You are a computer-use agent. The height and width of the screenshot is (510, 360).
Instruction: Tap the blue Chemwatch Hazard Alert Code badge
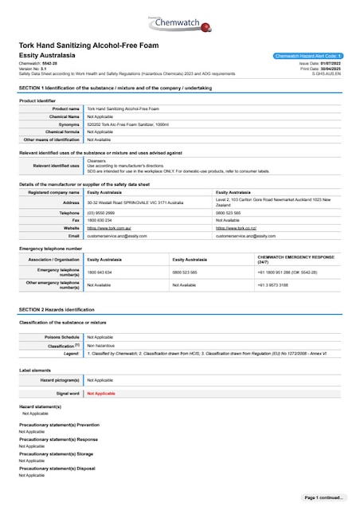307,56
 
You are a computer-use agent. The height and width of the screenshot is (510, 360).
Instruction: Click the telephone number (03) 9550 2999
100,214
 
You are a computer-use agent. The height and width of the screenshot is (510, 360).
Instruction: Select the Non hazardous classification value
101,345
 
